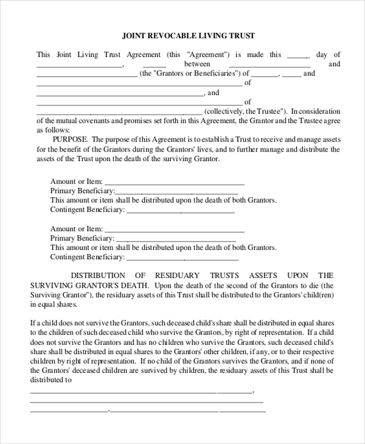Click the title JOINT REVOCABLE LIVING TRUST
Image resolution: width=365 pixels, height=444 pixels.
pyautogui.click(x=188, y=36)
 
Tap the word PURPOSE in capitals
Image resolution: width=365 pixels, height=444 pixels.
pyautogui.click(x=70, y=139)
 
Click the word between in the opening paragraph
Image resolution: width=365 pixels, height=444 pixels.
pyautogui.click(x=197, y=64)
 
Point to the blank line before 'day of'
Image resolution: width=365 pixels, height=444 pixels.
pyautogui.click(x=299, y=55)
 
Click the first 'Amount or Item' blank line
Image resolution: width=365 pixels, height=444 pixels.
pyautogui.click(x=175, y=182)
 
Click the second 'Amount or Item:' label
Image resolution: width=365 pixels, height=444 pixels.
pyautogui.click(x=77, y=229)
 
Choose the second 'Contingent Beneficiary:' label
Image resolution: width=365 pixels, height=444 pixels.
pyautogui.click(x=87, y=257)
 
